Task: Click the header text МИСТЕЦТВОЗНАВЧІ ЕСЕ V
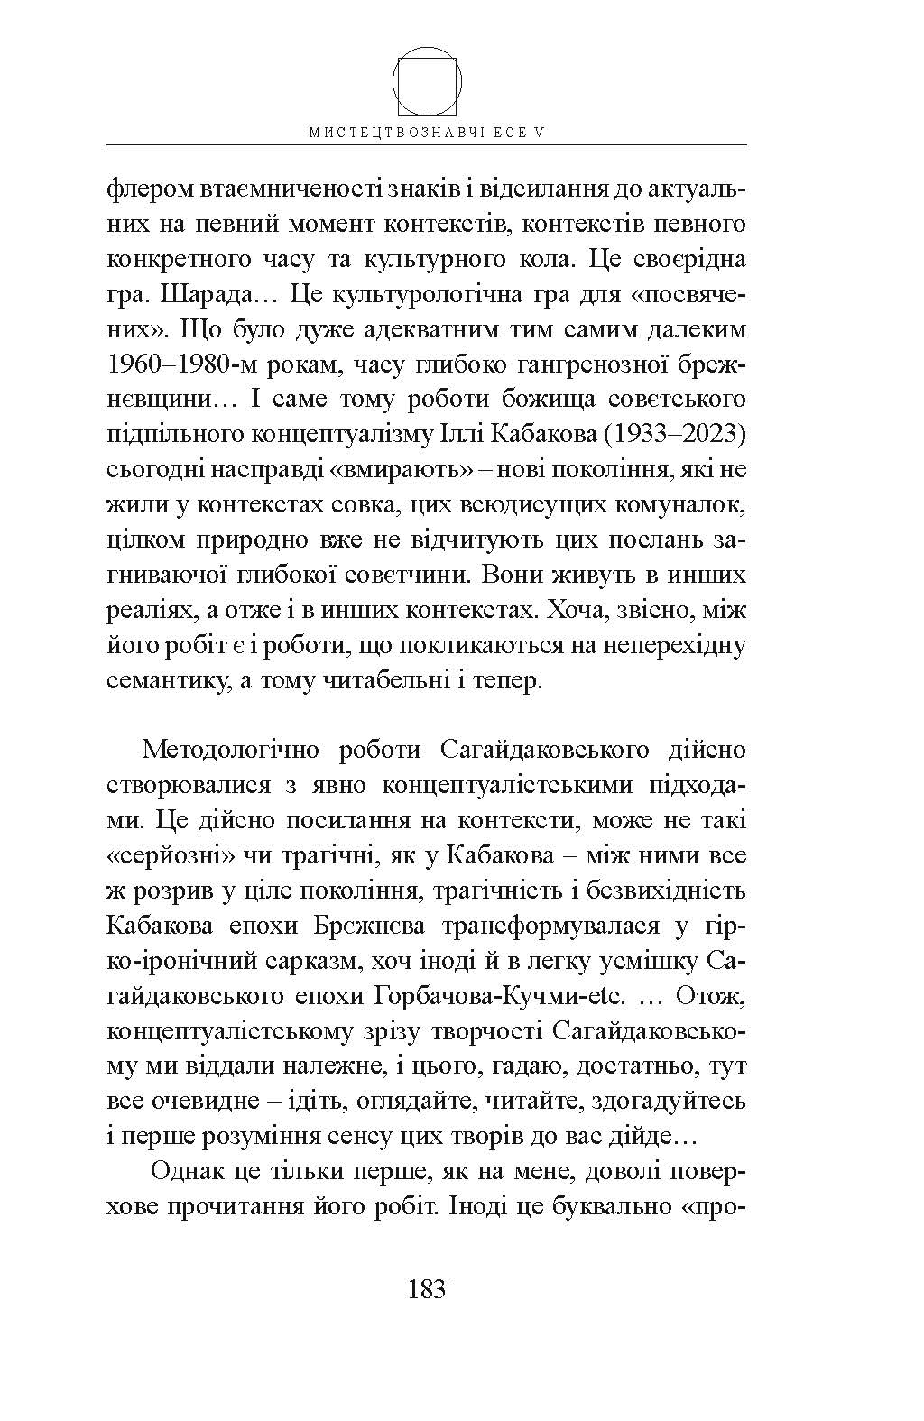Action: pyautogui.click(x=428, y=132)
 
